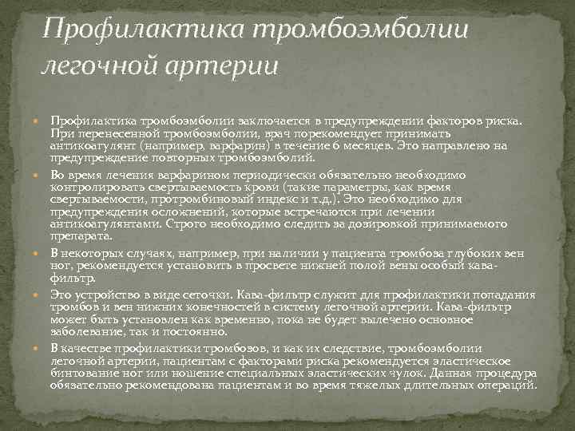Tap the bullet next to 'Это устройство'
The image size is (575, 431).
tap(42, 295)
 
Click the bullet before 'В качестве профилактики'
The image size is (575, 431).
tap(42, 349)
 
